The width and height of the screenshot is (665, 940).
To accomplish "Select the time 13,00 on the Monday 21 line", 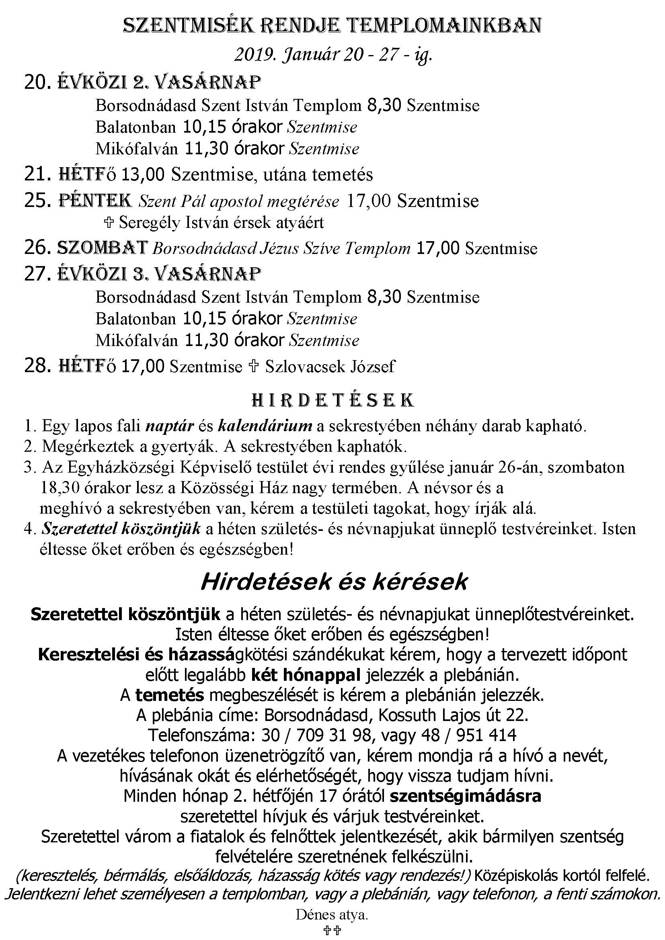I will pos(143,174).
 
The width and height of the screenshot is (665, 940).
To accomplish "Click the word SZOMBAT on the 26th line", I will pos(102,248).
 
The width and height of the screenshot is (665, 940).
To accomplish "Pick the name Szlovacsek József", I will pos(330,367).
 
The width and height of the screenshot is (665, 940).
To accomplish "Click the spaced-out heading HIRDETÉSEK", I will pos(332,400).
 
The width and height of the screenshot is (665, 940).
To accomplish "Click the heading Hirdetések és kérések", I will pos(333,582).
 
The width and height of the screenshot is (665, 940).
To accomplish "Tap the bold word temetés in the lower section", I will pos(170,695).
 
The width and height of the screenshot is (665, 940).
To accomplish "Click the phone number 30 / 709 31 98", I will pos(316,735).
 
